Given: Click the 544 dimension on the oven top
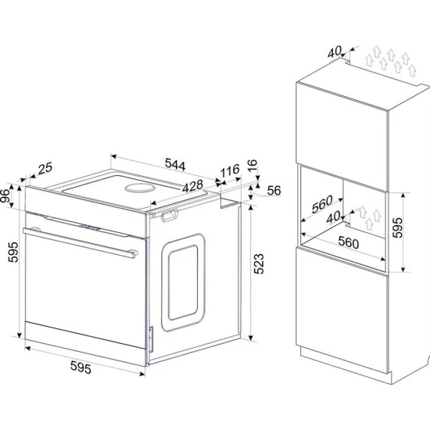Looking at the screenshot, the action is [175, 164].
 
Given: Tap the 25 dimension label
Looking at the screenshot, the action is [45, 168].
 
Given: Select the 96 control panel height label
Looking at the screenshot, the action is [5, 195].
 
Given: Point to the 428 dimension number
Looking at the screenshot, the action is [193, 187].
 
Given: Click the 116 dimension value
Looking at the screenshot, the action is [230, 170].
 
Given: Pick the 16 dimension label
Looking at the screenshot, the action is [253, 165].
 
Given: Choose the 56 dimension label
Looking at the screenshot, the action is [274, 190].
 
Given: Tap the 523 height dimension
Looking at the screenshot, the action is [259, 263].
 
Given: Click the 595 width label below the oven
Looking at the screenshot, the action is [81, 367].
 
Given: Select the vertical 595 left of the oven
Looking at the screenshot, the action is [13, 253].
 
